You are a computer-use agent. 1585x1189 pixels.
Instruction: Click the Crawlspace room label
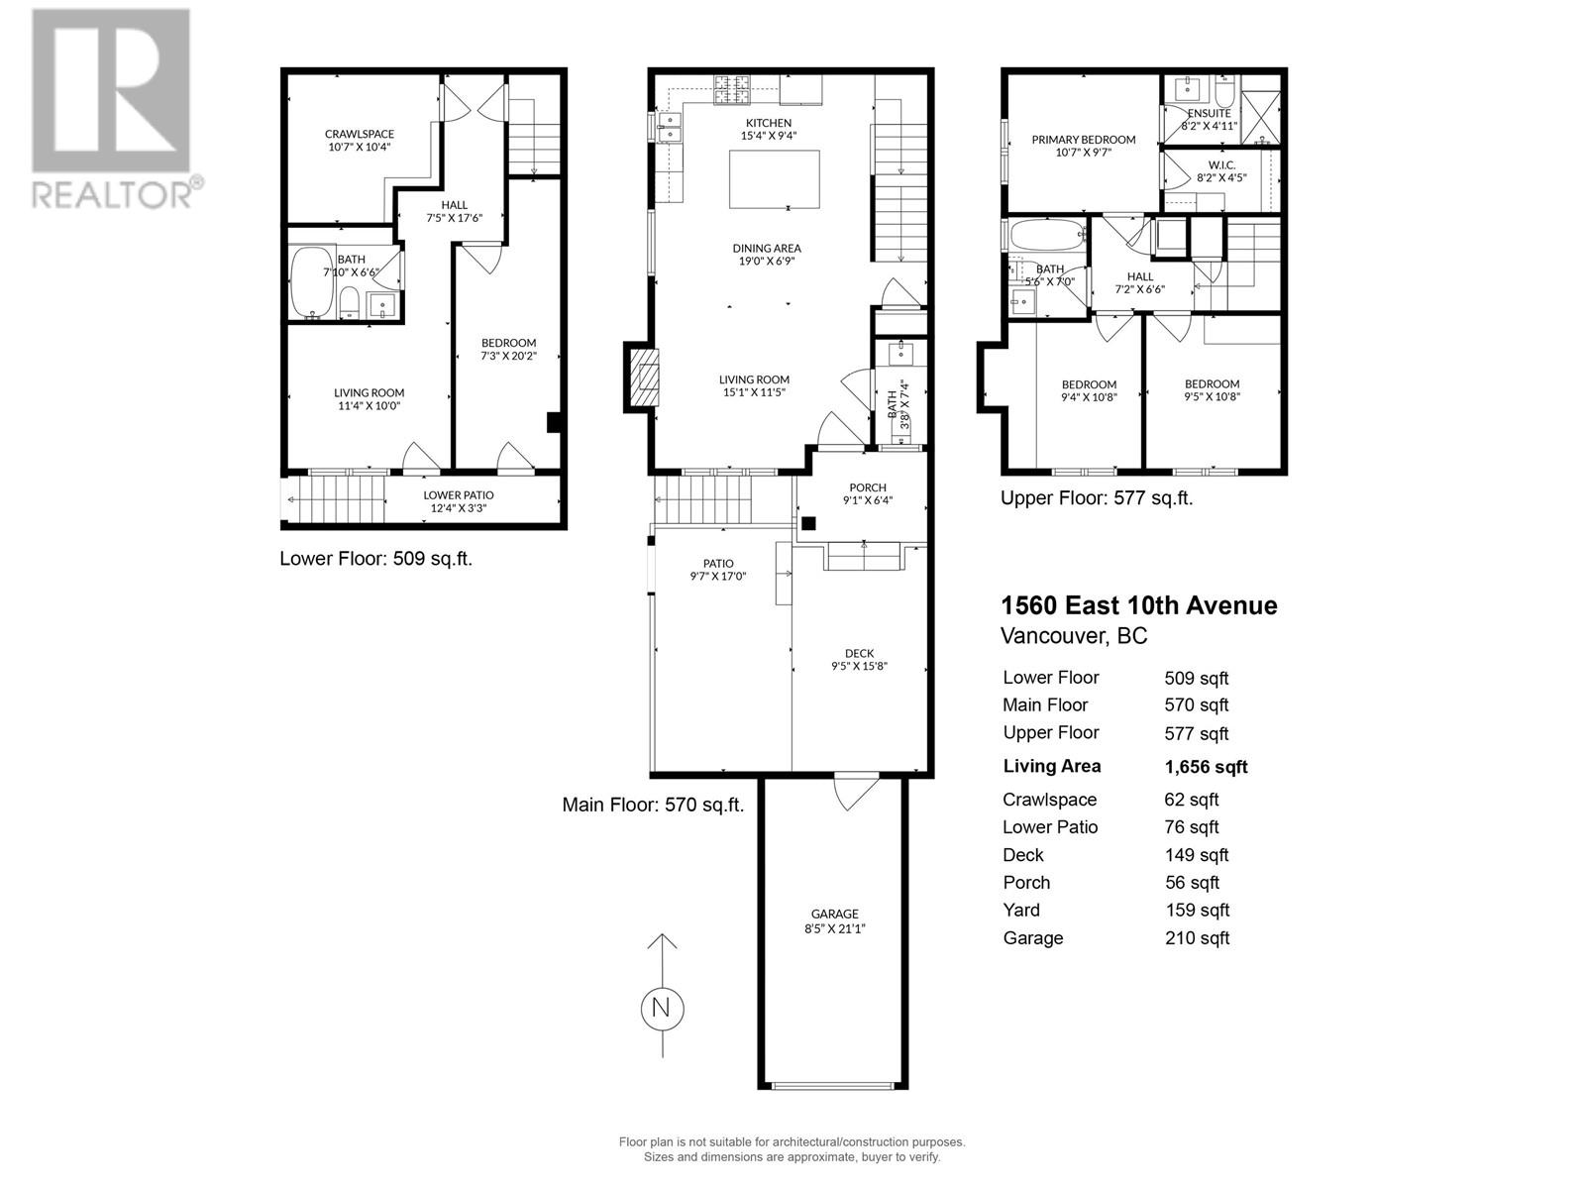(359, 134)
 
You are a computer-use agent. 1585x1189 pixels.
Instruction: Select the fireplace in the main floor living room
(641, 377)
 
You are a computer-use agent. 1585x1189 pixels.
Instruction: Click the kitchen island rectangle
(774, 179)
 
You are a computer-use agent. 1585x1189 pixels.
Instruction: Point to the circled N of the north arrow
(662, 1009)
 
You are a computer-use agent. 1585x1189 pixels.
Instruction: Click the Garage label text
(834, 914)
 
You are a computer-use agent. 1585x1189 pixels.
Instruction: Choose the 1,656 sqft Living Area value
(1206, 767)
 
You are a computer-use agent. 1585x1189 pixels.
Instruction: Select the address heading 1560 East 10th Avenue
(1139, 605)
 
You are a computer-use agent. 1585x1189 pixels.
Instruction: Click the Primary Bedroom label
(1083, 140)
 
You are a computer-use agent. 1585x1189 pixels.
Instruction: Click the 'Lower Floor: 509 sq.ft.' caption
(375, 559)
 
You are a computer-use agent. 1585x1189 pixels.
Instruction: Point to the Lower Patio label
(458, 494)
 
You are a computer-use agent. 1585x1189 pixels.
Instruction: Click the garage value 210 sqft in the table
(1197, 938)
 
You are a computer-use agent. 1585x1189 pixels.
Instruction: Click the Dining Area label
(766, 248)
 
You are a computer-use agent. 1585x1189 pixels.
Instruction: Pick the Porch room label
(868, 487)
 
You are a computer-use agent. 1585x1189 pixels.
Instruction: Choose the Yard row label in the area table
(1021, 911)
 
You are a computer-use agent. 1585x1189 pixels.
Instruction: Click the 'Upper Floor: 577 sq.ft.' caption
(1096, 498)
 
